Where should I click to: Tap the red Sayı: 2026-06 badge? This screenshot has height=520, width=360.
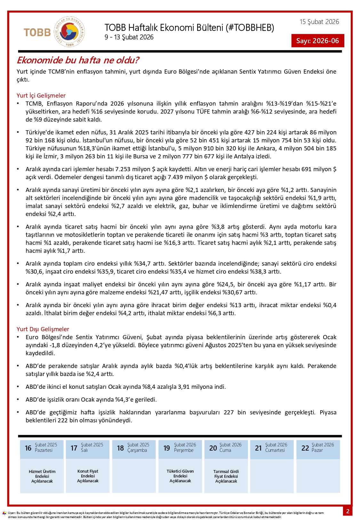point(317,41)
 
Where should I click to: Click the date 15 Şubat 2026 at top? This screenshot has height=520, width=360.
point(319,22)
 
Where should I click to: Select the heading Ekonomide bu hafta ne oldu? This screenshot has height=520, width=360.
point(78,60)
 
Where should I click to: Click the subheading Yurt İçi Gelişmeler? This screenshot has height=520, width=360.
point(41,95)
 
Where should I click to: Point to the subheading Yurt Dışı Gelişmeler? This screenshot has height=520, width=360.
point(43,329)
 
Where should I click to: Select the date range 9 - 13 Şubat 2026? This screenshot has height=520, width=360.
point(129,37)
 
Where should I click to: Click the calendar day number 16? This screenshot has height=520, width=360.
point(28,448)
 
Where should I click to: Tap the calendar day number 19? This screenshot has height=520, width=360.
point(167,448)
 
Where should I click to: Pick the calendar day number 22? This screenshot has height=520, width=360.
point(305,448)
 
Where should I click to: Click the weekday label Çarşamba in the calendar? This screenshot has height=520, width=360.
point(137,450)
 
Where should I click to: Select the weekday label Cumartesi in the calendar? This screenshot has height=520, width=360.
point(275,450)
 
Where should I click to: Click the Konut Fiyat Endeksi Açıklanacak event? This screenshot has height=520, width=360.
point(88,476)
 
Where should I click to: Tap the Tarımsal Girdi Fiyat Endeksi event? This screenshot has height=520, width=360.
point(226,476)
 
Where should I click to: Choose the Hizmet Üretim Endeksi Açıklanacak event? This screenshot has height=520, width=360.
point(42,476)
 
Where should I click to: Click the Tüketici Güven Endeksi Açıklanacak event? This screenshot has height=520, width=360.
point(180,476)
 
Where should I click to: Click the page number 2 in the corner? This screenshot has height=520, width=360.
point(348,511)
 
